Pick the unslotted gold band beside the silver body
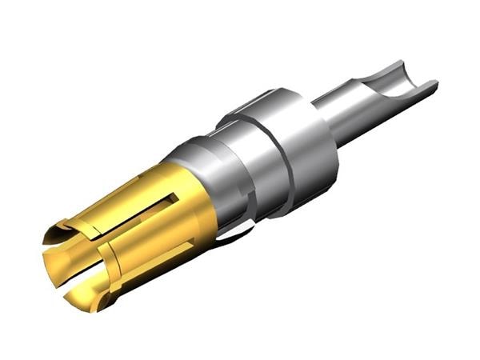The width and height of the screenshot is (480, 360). (192, 216)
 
